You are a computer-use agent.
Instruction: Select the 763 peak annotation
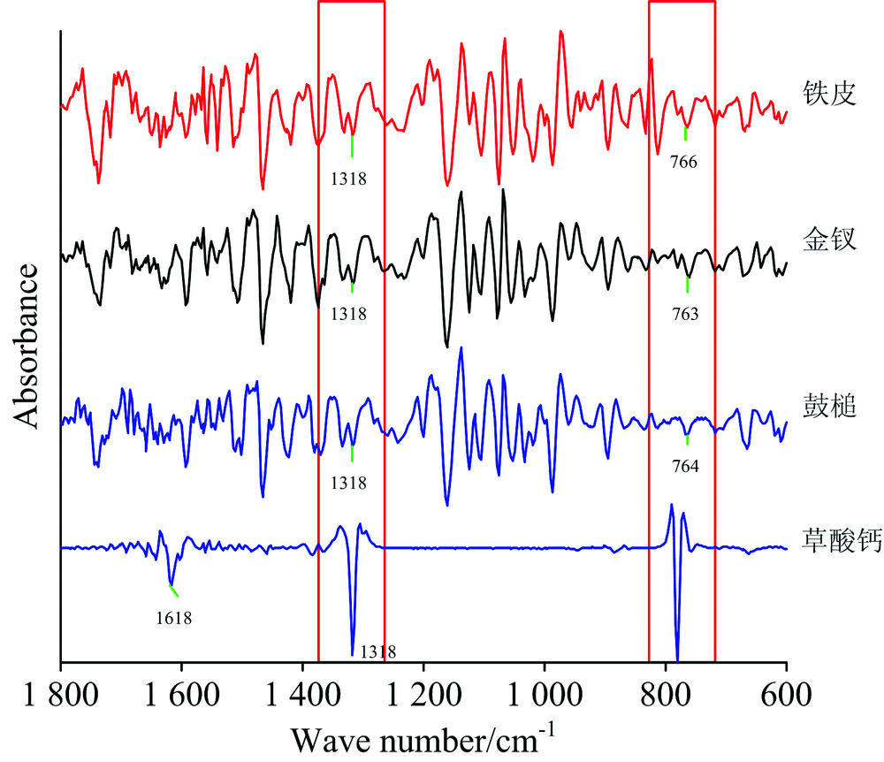(687, 312)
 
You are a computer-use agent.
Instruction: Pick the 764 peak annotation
(686, 466)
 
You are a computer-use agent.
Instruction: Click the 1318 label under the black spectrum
(349, 314)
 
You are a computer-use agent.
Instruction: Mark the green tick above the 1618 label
(173, 591)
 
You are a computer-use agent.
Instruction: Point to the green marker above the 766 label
(685, 133)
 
